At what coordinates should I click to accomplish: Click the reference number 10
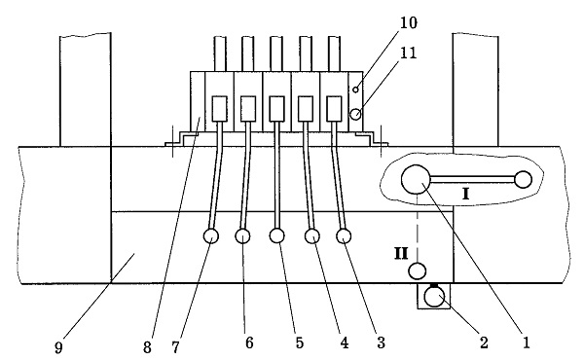pyautogui.click(x=409, y=22)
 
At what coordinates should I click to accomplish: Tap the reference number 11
pyautogui.click(x=408, y=53)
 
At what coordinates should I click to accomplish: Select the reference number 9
pyautogui.click(x=58, y=347)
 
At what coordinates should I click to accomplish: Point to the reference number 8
pyautogui.click(x=147, y=347)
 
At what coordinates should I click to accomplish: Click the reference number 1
pyautogui.click(x=527, y=342)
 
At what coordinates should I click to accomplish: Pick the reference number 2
pyautogui.click(x=484, y=342)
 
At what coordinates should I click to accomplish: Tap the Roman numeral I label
pyautogui.click(x=465, y=194)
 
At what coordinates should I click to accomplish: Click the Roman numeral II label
pyautogui.click(x=401, y=254)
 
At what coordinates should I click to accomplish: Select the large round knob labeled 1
pyautogui.click(x=416, y=179)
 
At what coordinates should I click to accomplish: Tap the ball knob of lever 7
pyautogui.click(x=211, y=235)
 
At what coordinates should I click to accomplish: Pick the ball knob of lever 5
pyautogui.click(x=276, y=235)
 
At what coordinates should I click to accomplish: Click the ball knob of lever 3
pyautogui.click(x=344, y=235)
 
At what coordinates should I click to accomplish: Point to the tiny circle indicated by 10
pyautogui.click(x=355, y=90)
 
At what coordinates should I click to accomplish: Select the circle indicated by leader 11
pyautogui.click(x=355, y=114)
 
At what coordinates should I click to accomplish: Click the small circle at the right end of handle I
pyautogui.click(x=523, y=179)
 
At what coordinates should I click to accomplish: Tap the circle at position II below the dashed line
pyautogui.click(x=418, y=270)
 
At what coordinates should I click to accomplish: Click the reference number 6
pyautogui.click(x=249, y=342)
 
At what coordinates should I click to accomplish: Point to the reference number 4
pyautogui.click(x=345, y=342)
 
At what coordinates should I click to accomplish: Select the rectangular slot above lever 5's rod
pyautogui.click(x=276, y=109)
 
